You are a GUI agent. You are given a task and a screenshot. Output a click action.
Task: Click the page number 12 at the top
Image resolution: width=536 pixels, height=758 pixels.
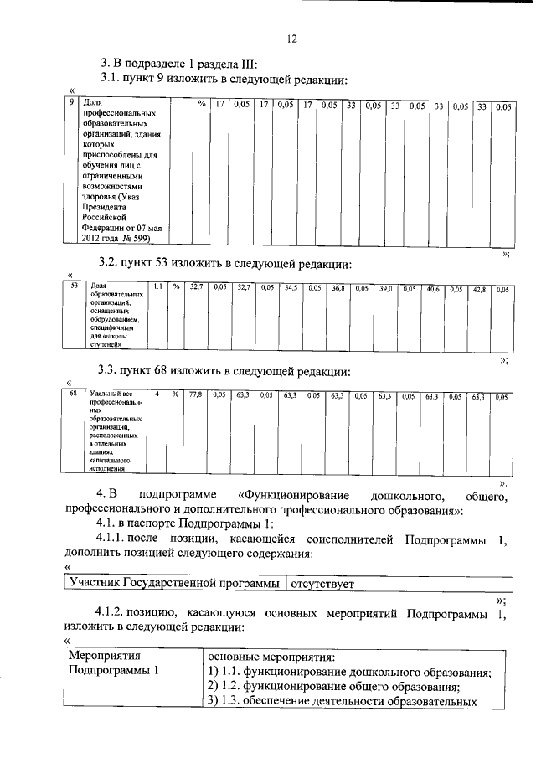coord(291,39)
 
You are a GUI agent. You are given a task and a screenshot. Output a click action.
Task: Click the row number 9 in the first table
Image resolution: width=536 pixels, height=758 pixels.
coord(73,103)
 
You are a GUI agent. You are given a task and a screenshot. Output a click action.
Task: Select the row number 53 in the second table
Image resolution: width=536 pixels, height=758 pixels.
coord(74,286)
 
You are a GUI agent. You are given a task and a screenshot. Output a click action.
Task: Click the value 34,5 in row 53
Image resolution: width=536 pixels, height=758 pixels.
coord(291,287)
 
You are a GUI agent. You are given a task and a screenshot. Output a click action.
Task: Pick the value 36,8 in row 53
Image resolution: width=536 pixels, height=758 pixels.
coord(338,288)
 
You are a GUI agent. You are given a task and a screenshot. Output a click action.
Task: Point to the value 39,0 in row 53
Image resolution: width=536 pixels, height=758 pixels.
coord(385,288)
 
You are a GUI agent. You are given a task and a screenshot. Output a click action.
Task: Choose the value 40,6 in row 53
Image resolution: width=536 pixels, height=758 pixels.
coord(433,289)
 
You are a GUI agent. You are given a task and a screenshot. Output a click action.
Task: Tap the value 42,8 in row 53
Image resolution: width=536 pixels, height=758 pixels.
coord(479,289)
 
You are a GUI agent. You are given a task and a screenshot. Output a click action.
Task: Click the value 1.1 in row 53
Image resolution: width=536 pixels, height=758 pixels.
coord(157,286)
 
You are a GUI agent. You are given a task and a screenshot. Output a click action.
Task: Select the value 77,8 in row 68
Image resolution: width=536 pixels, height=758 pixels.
coord(196,394)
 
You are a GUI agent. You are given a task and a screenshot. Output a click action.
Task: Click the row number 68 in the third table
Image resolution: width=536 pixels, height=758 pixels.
coord(74,393)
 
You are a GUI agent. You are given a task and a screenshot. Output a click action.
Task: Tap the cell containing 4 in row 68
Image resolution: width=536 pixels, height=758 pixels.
coord(157,393)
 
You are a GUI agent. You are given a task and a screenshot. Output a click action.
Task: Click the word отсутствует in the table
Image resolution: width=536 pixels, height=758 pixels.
coord(323,582)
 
